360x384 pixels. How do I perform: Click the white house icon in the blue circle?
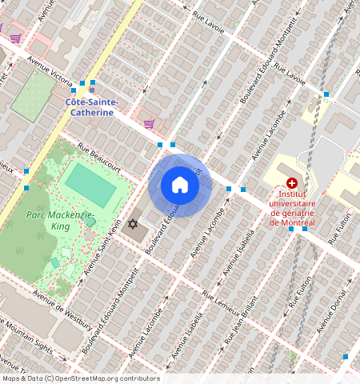click(180, 186)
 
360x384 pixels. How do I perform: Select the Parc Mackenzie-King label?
click(60, 221)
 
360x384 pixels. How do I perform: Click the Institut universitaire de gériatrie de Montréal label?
click(292, 207)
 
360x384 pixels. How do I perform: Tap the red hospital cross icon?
click(291, 183)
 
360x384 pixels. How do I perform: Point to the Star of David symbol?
click(132, 224)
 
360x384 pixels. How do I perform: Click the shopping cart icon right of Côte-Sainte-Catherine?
click(149, 123)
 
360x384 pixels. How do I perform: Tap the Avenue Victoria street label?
click(50, 70)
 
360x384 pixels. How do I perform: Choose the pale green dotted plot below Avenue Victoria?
click(34, 95)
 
